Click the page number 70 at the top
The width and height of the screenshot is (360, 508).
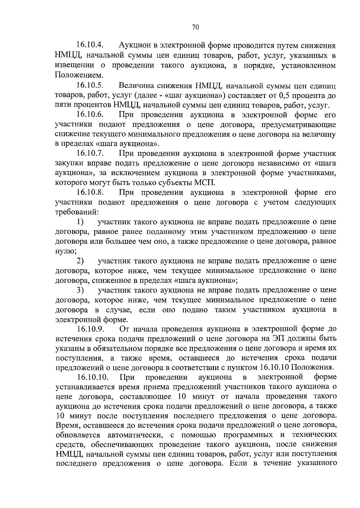click(195, 27)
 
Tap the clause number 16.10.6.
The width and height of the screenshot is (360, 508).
click(90, 115)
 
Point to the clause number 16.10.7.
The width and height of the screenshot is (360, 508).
click(90, 154)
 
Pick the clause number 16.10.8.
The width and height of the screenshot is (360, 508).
click(90, 192)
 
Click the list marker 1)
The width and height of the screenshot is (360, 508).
click(80, 222)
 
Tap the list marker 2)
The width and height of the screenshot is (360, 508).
click(80, 261)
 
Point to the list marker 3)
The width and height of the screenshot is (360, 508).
click(80, 290)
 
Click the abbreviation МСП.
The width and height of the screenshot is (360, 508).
click(205, 183)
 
